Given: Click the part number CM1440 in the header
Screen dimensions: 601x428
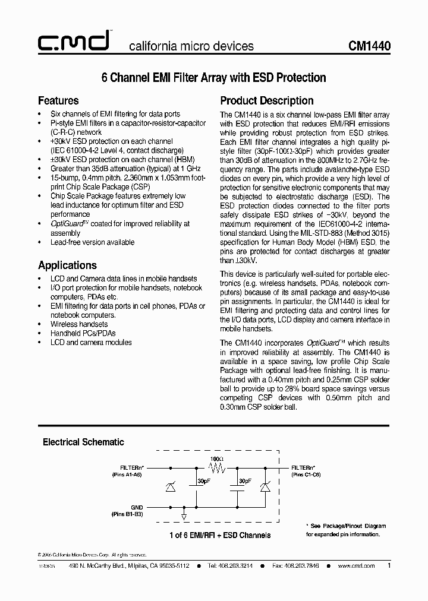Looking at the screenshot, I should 369,46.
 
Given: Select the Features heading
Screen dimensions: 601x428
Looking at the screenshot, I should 58,100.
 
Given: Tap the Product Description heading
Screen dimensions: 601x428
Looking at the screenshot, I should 267,100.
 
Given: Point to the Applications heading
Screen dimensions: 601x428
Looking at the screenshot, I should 67,265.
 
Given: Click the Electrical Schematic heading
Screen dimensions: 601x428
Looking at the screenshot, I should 83,442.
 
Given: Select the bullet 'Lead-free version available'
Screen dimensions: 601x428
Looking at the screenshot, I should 92,242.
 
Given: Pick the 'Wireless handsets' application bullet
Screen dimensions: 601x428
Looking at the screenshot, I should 79,324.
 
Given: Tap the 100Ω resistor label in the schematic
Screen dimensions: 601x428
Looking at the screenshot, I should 216,459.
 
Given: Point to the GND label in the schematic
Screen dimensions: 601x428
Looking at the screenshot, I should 137,507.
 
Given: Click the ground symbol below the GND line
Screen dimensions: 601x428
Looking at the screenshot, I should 185,515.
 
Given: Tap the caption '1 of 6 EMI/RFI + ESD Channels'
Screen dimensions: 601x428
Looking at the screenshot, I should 220,535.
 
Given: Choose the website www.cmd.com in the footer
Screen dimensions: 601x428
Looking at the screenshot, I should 356,566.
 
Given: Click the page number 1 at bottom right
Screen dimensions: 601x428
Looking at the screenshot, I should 389,565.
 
